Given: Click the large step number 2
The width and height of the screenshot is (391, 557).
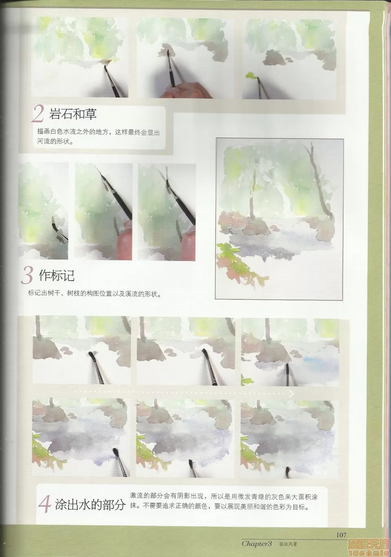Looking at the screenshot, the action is (38, 114).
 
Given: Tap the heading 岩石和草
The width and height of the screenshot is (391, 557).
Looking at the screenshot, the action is (72, 114).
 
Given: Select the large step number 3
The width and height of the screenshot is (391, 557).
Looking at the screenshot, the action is (27, 276).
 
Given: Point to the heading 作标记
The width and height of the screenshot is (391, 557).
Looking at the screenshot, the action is (57, 276).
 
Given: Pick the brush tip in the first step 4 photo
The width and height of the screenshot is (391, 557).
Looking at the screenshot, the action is (91, 354).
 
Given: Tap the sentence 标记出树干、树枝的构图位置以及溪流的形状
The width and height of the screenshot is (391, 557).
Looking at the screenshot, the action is (95, 294).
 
